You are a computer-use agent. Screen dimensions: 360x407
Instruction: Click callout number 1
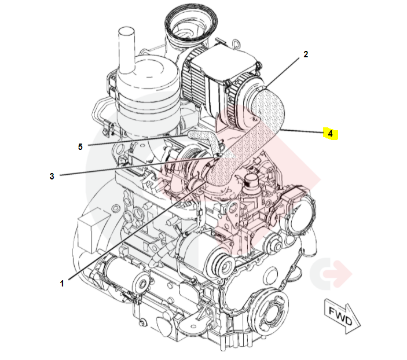point(62,283)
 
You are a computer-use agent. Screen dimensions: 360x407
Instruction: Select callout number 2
point(306,55)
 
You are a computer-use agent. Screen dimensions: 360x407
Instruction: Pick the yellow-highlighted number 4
point(330,134)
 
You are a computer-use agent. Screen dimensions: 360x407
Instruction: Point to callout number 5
point(80,146)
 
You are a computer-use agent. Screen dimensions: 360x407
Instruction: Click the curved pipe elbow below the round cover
point(310,243)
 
